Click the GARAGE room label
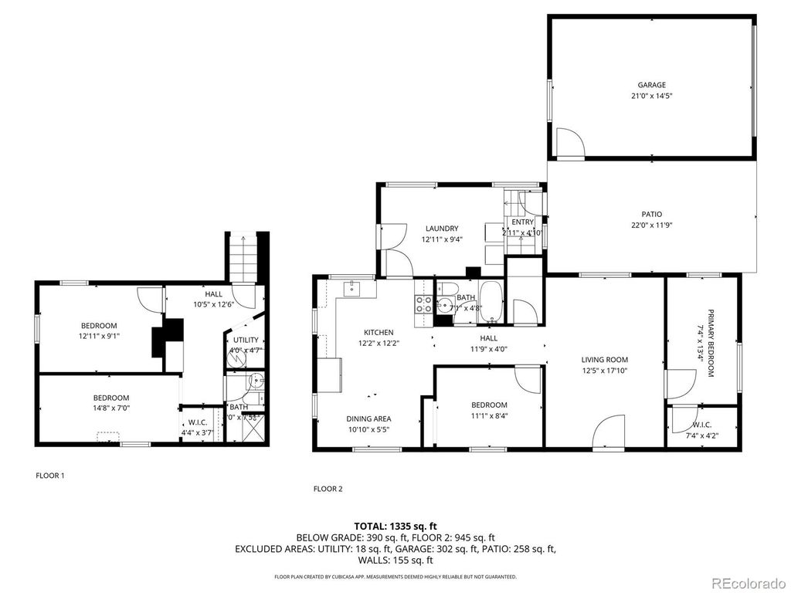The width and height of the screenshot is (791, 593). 651,85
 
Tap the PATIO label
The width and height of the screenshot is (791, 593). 651,215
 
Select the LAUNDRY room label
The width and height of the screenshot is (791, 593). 442,229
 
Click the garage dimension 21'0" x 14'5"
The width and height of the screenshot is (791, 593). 651,97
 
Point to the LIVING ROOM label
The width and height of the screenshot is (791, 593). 604,360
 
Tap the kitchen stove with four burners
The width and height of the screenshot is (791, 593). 423,304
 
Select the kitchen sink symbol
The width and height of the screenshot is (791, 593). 351,290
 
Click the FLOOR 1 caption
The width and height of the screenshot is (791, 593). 50,476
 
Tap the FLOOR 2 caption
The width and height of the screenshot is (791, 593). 328,488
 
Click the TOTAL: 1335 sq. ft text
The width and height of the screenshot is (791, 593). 395,526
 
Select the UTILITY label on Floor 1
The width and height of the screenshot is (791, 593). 246,340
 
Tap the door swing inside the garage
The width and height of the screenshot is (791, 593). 569,143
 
